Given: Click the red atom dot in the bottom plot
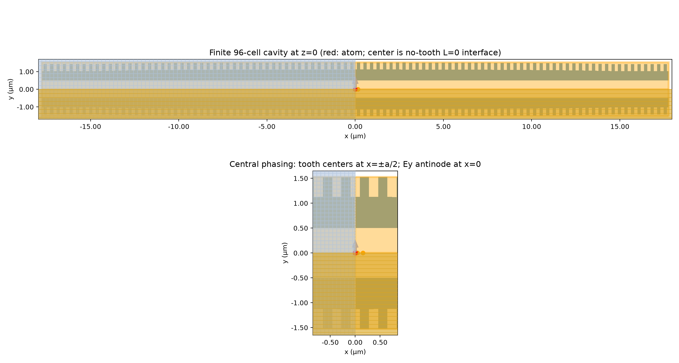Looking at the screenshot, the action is [355, 253].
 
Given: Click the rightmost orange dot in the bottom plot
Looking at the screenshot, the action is [363, 253].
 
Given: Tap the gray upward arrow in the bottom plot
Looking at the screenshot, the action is [355, 246].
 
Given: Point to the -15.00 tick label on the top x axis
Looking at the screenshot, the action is [90, 127].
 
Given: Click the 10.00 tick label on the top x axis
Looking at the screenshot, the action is [531, 127].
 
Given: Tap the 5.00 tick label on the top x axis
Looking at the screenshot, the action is [443, 127].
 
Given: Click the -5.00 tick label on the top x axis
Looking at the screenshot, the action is [267, 127].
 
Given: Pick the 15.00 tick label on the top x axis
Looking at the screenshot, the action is [620, 127].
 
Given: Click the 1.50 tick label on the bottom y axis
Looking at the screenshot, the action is [301, 178].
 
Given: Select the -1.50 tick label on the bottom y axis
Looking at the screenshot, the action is [299, 328].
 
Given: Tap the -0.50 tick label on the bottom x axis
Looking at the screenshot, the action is [330, 342].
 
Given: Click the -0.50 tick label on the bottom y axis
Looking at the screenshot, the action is [299, 278].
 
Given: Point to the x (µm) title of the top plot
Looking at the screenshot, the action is [355, 136].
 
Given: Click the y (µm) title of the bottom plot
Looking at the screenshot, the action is [285, 253].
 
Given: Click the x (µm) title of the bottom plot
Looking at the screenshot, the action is [355, 352].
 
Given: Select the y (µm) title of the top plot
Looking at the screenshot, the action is [11, 89].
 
